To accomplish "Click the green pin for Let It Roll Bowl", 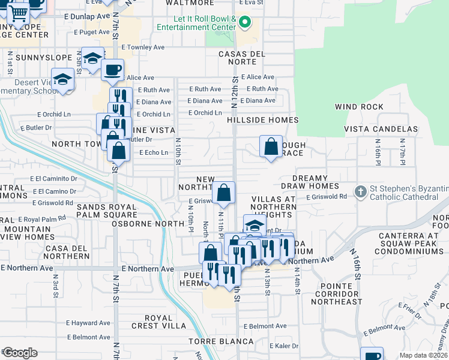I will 244,23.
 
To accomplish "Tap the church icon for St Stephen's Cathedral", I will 360,192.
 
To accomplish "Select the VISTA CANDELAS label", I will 381,129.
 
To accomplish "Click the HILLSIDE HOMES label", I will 263,120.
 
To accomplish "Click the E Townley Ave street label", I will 143,47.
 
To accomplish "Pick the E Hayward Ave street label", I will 89,322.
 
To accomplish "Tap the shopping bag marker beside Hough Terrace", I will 271,146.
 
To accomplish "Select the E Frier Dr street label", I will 409,308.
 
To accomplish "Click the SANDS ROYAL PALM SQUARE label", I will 106,211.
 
